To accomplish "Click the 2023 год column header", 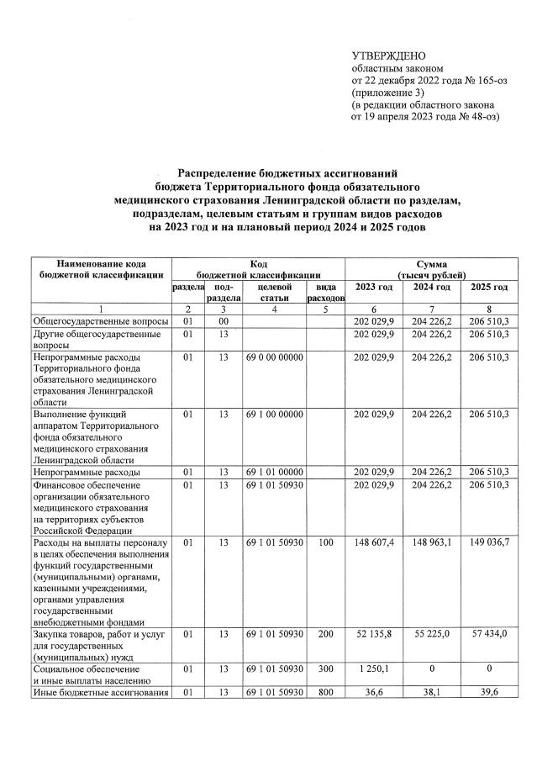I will click(374, 288).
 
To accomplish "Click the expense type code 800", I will click(325, 692).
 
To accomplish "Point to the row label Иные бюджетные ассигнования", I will click(100, 692).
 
